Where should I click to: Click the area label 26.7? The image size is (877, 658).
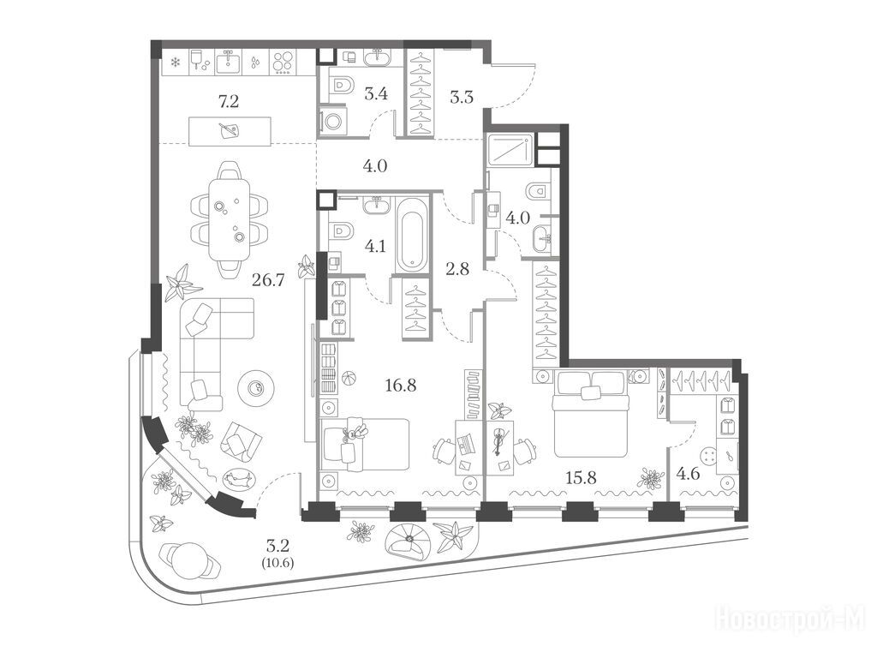pyautogui.click(x=268, y=279)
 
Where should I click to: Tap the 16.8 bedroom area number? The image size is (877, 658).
pyautogui.click(x=401, y=385)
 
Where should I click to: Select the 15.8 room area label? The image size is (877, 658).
pyautogui.click(x=581, y=478)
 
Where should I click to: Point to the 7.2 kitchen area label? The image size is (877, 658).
pyautogui.click(x=228, y=101)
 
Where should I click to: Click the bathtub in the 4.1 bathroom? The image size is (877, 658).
pyautogui.click(x=412, y=231)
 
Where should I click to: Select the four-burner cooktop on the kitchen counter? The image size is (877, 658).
pyautogui.click(x=283, y=63)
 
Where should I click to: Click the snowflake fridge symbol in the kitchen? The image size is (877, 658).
pyautogui.click(x=175, y=62)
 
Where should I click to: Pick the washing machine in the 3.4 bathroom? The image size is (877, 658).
pyautogui.click(x=333, y=122)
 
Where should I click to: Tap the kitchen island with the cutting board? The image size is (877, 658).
pyautogui.click(x=230, y=131)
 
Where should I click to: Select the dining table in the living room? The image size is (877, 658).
pyautogui.click(x=230, y=218)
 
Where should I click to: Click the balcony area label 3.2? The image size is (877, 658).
pyautogui.click(x=277, y=544)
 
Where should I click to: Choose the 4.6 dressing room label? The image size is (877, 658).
pyautogui.click(x=688, y=475)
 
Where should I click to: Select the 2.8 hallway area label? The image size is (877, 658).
pyautogui.click(x=457, y=269)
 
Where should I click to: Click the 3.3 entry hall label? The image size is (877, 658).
pyautogui.click(x=462, y=98)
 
